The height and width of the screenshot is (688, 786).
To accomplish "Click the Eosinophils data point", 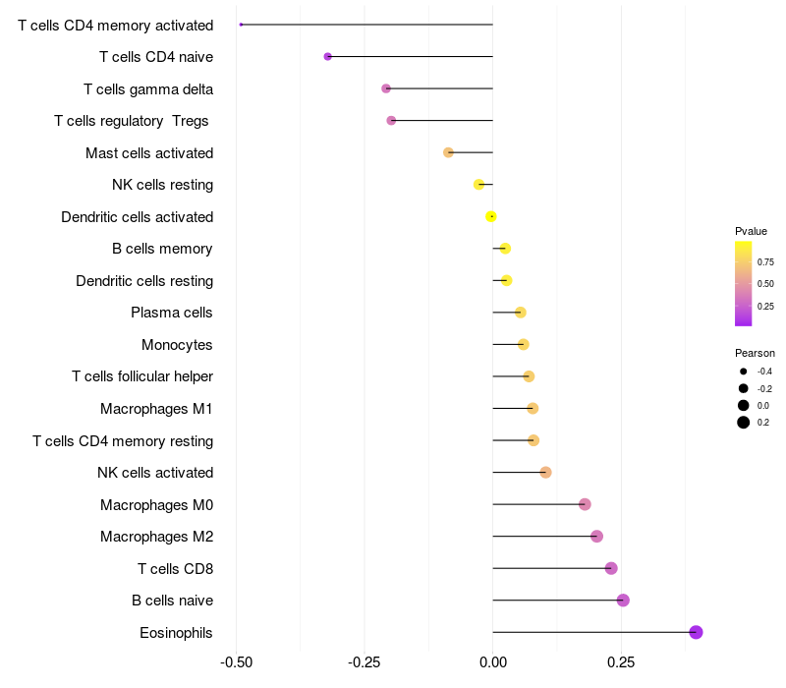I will [696, 632].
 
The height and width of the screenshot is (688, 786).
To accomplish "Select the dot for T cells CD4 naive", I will [327, 57].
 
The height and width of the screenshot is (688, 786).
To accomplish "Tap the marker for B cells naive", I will [622, 601].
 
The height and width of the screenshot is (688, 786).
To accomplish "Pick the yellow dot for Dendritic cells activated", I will [491, 217].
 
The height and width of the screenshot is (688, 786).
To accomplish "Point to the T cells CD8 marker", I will [611, 568].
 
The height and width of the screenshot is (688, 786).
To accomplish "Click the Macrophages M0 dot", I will [585, 504].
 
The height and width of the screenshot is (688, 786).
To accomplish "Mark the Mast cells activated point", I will [448, 152].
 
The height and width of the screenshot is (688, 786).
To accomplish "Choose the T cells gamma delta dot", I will [386, 88].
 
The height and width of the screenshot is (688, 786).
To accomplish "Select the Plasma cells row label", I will [171, 313].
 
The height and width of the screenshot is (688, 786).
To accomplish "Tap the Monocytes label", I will [177, 345].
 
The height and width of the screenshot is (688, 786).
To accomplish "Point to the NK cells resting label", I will [162, 185].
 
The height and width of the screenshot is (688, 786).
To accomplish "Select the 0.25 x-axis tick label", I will [620, 663].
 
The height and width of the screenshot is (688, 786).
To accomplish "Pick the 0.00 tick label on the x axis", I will [492, 663].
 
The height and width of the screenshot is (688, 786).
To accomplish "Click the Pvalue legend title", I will [751, 231].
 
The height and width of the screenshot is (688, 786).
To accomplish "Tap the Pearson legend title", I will [755, 353].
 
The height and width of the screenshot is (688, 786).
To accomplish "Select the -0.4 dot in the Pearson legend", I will [744, 372].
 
